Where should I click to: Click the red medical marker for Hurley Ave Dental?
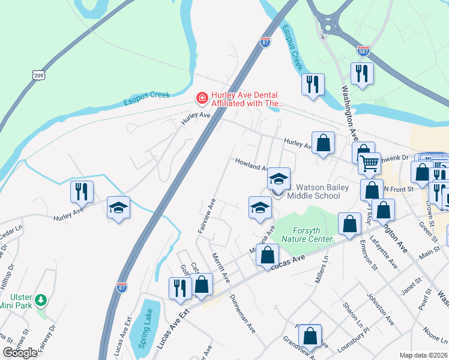(202, 97)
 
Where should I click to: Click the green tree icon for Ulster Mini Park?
(40, 299)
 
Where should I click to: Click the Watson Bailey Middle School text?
(318, 191)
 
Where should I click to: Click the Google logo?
(20, 353)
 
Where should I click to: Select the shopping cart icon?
(370, 161)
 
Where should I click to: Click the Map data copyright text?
(423, 355)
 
